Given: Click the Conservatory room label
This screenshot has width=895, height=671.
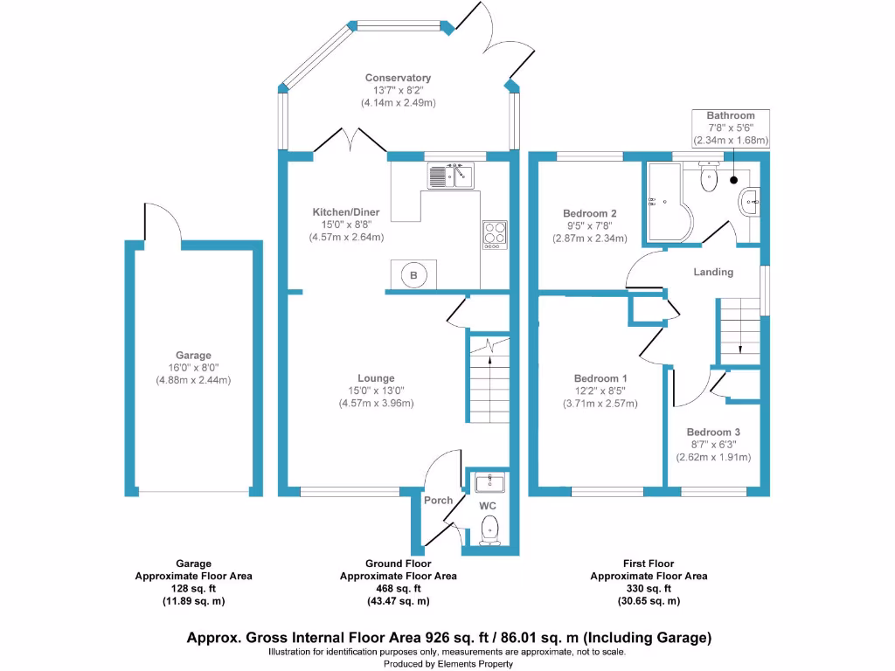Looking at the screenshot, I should tap(398, 78).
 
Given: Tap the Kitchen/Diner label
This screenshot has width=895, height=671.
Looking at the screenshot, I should tap(347, 212).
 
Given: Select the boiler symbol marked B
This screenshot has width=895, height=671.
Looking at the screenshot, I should tap(414, 275).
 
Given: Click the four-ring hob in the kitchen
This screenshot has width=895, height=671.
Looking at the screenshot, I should tap(494, 234).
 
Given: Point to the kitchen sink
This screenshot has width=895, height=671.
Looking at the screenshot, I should tap(449, 176).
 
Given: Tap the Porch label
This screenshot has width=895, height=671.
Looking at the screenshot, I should tap(438, 500).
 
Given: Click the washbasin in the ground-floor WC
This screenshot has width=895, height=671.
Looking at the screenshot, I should tap(489, 481).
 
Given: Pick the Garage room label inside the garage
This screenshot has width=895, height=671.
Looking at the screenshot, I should tap(193, 356).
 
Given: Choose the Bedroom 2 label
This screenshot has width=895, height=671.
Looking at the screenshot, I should tap(590, 213).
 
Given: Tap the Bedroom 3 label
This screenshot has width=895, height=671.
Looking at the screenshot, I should tap(713, 432).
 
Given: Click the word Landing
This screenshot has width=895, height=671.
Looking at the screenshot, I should tap(713, 272).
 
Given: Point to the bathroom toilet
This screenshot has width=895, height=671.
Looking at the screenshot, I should tap(710, 178).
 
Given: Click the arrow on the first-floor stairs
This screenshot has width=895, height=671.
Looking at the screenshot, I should tap(740, 340).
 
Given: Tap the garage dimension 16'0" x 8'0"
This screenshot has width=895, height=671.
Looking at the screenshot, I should tap(193, 368).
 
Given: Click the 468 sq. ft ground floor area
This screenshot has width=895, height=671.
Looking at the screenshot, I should tap(398, 589).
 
